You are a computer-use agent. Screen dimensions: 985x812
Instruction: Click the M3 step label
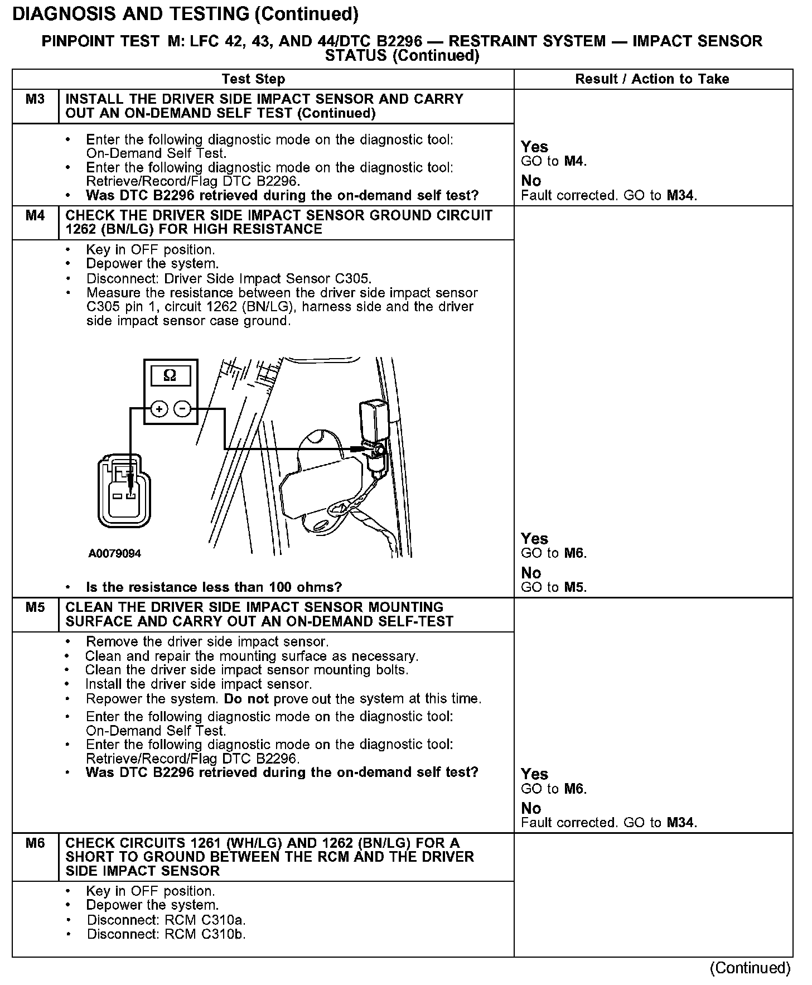pyautogui.click(x=35, y=99)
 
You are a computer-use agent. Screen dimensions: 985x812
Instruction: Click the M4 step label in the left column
pyautogui.click(x=35, y=215)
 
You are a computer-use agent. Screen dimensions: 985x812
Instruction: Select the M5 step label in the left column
pyautogui.click(x=35, y=607)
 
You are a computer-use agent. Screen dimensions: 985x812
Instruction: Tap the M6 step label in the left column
pyautogui.click(x=35, y=843)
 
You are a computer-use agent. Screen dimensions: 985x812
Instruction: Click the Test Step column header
pyautogui.click(x=253, y=79)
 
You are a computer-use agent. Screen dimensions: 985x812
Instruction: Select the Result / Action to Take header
pyautogui.click(x=652, y=79)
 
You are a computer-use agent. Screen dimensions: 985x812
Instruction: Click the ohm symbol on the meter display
pyautogui.click(x=170, y=376)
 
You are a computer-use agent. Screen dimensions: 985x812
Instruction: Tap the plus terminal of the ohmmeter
pyautogui.click(x=159, y=409)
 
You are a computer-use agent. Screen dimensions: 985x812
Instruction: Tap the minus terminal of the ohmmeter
pyautogui.click(x=182, y=409)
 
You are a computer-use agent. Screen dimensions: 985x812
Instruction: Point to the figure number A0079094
pyautogui.click(x=114, y=554)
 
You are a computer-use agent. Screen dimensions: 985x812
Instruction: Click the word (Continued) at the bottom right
pyautogui.click(x=750, y=968)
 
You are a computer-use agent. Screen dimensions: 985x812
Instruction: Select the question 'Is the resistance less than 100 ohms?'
pyautogui.click(x=214, y=587)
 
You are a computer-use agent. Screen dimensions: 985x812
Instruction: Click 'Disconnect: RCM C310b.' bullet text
pyautogui.click(x=166, y=934)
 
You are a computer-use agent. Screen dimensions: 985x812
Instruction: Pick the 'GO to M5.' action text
pyautogui.click(x=554, y=587)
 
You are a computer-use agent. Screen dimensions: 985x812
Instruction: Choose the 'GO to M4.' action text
pyautogui.click(x=554, y=162)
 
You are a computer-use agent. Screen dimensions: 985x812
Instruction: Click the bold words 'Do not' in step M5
pyautogui.click(x=246, y=699)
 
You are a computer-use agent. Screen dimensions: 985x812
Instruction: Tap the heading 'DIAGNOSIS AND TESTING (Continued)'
pyautogui.click(x=185, y=13)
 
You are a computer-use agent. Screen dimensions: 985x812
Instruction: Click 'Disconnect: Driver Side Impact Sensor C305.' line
pyautogui.click(x=229, y=278)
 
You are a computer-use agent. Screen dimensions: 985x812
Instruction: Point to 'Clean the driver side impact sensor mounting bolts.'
pyautogui.click(x=247, y=670)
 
